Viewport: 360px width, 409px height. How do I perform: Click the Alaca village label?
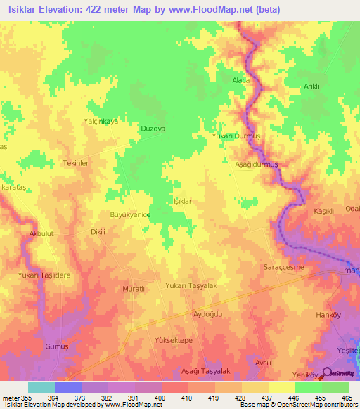click(x=241, y=81)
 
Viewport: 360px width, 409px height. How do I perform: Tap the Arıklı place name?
click(x=311, y=86)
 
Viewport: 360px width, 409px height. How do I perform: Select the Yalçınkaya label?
click(x=101, y=121)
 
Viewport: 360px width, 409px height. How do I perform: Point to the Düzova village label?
click(x=153, y=129)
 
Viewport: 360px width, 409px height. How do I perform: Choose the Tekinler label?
click(x=76, y=162)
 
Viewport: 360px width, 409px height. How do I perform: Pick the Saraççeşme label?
click(x=303, y=269)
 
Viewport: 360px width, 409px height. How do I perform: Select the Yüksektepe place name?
click(x=174, y=340)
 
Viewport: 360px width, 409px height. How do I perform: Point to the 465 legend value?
click(x=347, y=398)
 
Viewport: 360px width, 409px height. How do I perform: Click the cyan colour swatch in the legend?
click(x=41, y=387)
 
